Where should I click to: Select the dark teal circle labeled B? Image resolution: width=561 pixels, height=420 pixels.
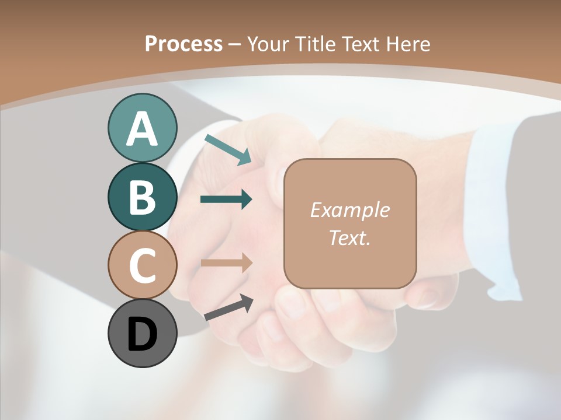point(142,197)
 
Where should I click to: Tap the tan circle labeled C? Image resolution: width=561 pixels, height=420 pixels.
point(142,265)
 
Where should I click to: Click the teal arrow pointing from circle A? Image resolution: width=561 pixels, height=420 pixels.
point(228,149)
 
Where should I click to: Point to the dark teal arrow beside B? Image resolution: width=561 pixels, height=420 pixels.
point(226,199)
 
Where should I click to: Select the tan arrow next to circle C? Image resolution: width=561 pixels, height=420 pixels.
point(226,262)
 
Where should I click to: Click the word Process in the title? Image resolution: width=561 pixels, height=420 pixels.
point(183,44)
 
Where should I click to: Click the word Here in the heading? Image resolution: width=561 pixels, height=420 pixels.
point(408,44)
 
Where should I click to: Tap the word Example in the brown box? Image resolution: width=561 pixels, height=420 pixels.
point(349,210)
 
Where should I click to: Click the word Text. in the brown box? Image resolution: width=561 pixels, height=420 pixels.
point(349,238)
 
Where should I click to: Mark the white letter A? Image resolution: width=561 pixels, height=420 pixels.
point(142,129)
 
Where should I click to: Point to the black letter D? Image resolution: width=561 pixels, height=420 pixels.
point(142,334)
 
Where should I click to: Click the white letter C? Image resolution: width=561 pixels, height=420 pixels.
point(142,265)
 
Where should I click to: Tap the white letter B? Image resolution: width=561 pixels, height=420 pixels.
point(142,197)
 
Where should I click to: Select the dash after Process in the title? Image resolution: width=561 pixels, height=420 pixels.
point(235,44)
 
